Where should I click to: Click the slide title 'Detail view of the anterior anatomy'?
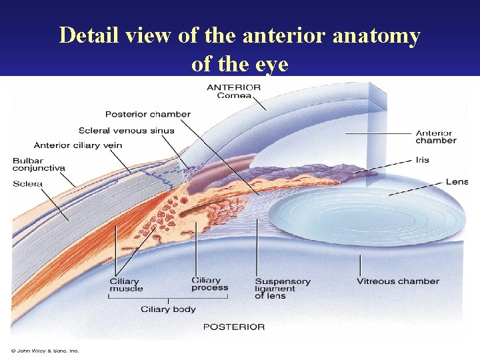click(239, 35)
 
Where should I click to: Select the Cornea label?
click(234, 95)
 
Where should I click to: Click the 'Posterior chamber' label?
click(148, 114)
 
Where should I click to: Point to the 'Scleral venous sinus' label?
click(126, 130)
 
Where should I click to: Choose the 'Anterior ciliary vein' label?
click(77, 145)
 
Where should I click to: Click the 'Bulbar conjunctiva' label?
click(39, 165)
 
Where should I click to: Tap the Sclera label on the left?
click(27, 184)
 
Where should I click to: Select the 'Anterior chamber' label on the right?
click(436, 137)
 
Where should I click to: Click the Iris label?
click(422, 160)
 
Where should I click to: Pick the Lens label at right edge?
click(457, 181)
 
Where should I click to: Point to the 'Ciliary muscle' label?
click(126, 285)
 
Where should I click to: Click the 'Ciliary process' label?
click(209, 284)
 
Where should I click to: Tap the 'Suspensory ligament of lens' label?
click(282, 288)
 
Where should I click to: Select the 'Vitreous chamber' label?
click(397, 281)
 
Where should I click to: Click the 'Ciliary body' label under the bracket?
click(168, 309)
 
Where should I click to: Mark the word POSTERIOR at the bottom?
click(233, 327)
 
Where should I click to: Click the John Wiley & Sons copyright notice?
click(45, 351)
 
